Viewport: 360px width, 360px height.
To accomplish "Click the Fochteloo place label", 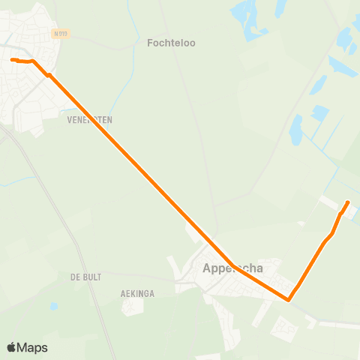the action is pyautogui.click(x=172, y=43).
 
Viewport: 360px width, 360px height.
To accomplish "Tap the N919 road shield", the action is pyautogui.click(x=61, y=34).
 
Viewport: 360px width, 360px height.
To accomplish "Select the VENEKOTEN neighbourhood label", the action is pyautogui.click(x=89, y=119).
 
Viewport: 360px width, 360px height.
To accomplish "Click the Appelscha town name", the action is pyautogui.click(x=233, y=268).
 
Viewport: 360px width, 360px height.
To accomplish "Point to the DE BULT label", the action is pyautogui.click(x=85, y=277).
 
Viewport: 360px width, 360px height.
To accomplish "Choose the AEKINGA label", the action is pyautogui.click(x=137, y=294).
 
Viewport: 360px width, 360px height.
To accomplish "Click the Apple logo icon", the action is pyautogui.click(x=11, y=347).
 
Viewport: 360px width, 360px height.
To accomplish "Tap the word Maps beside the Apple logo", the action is pyautogui.click(x=33, y=347).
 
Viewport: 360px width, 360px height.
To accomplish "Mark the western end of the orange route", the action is pyautogui.click(x=11, y=59).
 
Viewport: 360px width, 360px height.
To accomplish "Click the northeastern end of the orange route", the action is pyautogui.click(x=348, y=202).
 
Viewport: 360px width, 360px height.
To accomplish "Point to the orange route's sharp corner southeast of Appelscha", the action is pyautogui.click(x=288, y=300).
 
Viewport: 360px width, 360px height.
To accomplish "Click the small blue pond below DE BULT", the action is pyautogui.click(x=53, y=306).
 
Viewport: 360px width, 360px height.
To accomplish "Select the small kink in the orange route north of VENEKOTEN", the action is pyautogui.click(x=48, y=75).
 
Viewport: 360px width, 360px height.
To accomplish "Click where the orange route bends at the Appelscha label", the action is pyautogui.click(x=231, y=265).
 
